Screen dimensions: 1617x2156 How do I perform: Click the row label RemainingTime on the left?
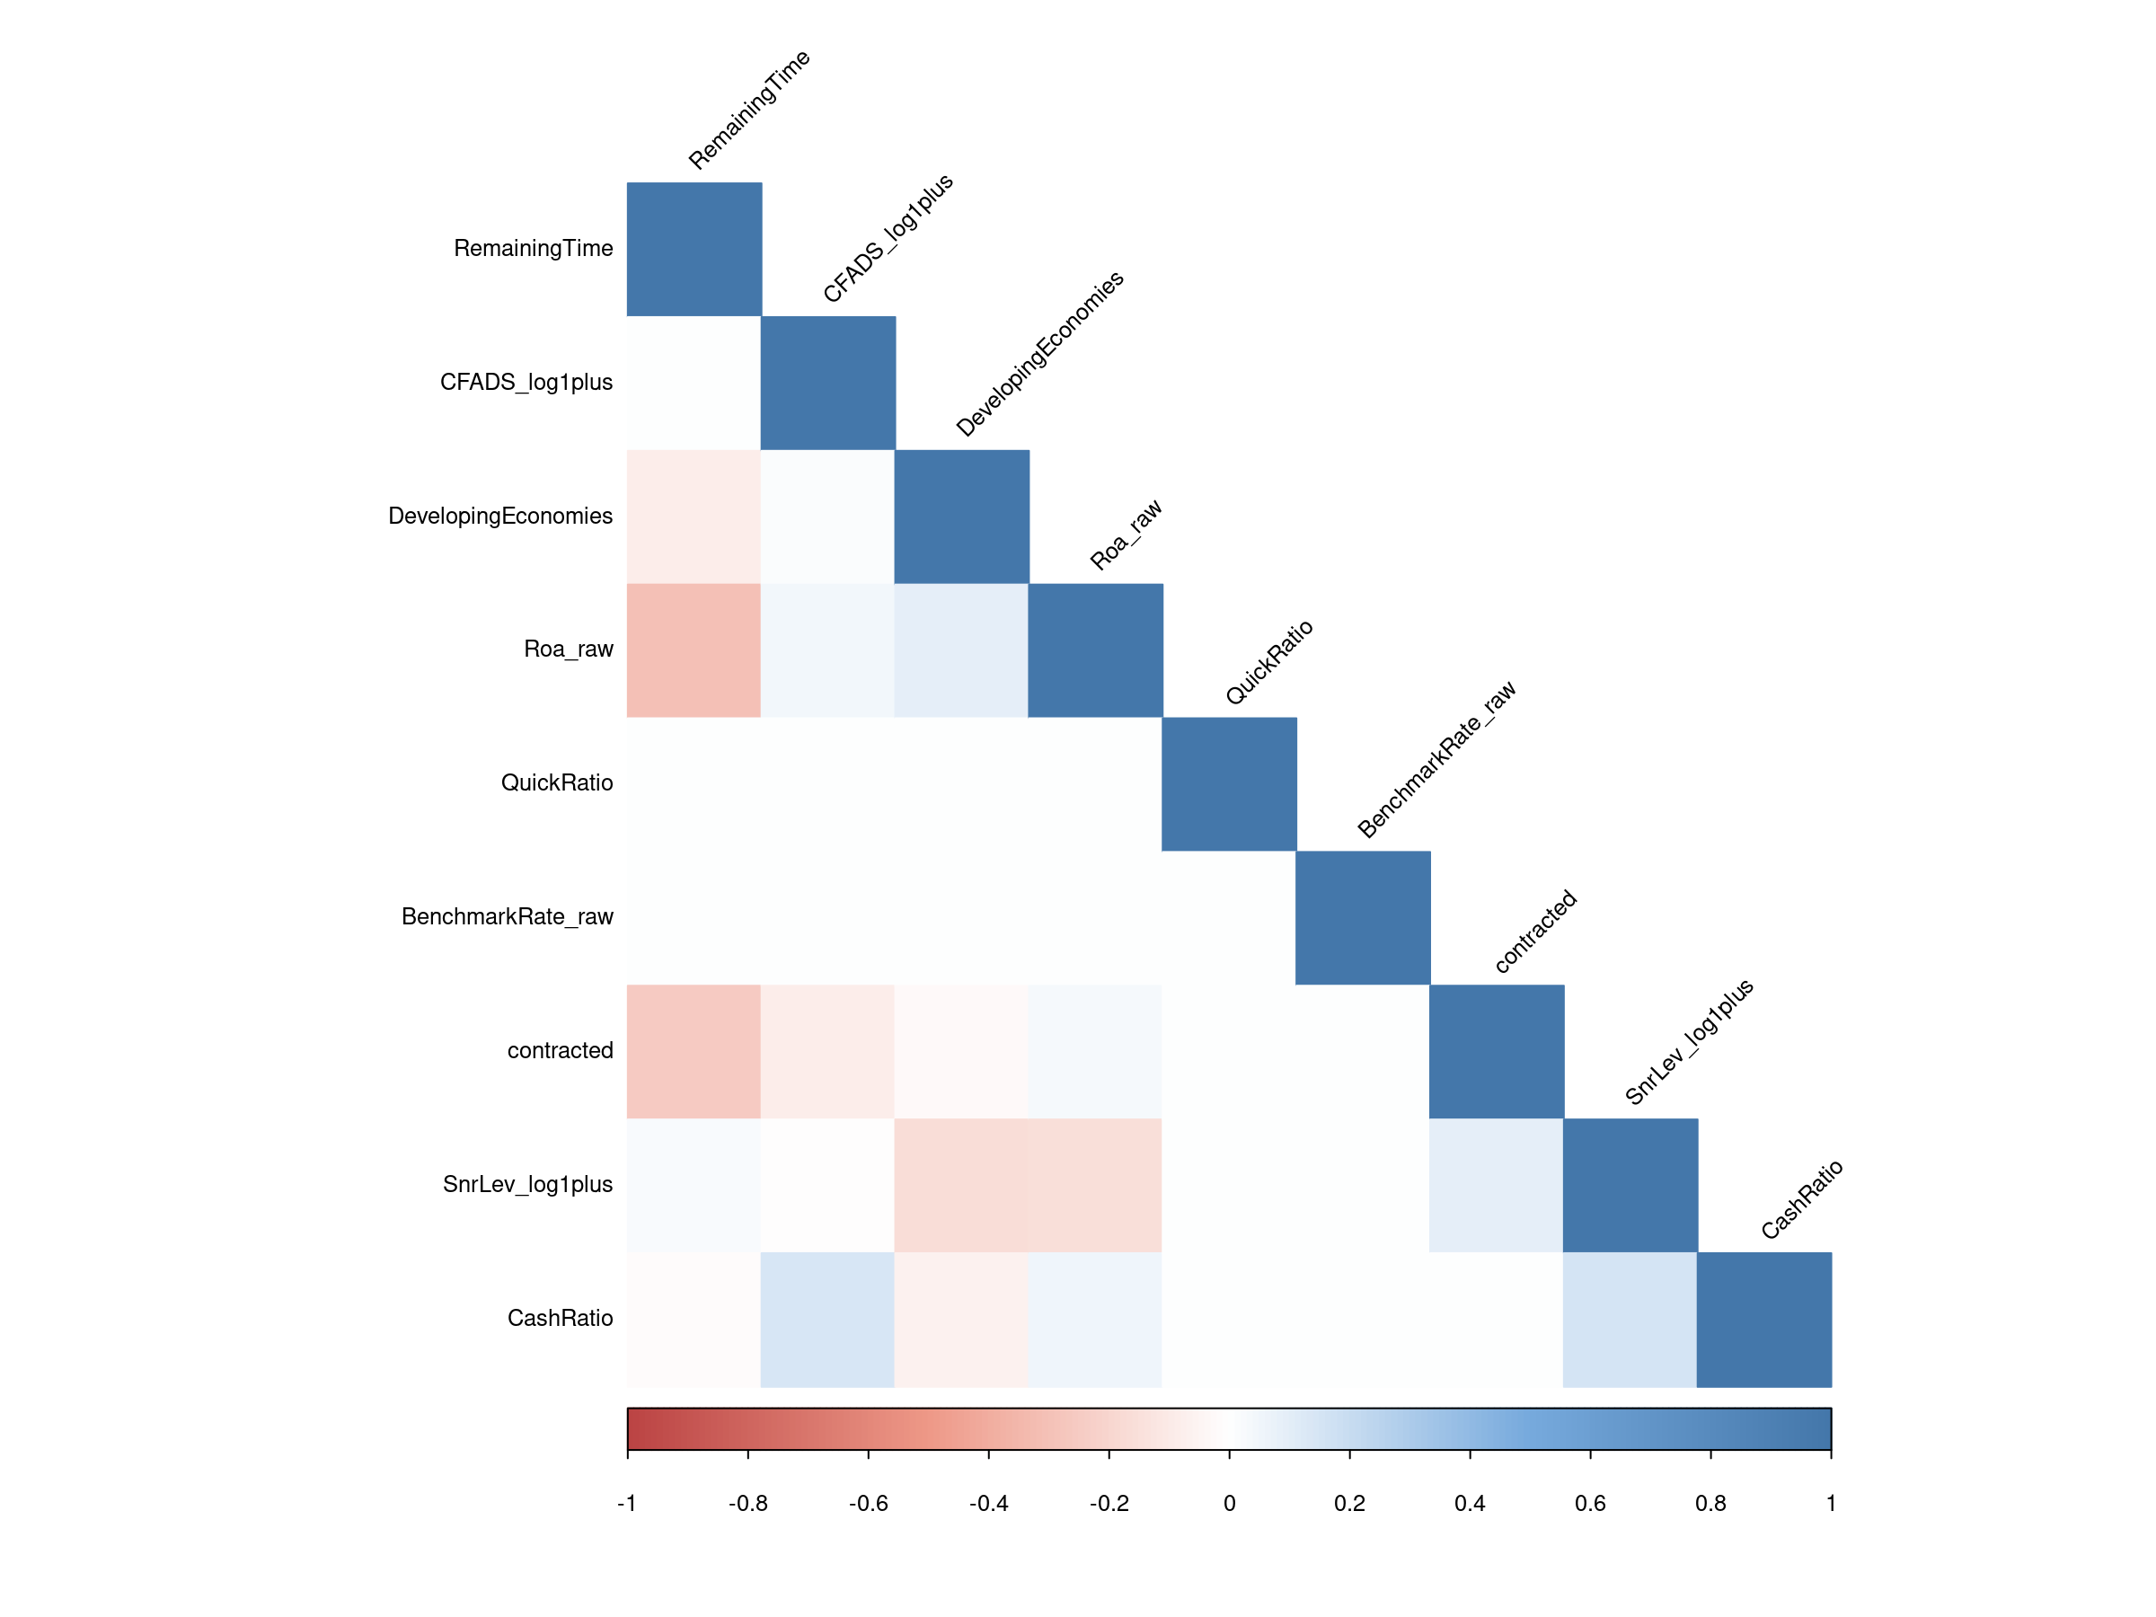point(533,249)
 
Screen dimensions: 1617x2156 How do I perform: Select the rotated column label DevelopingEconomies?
point(1040,354)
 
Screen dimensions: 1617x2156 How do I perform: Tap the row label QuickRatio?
point(557,782)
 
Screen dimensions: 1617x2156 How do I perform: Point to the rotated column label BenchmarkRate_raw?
point(1436,759)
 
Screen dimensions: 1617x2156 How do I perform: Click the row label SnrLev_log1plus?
point(527,1184)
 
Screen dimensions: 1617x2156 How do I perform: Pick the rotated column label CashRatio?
point(1801,1200)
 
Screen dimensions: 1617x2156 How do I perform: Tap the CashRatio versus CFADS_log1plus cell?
point(827,1319)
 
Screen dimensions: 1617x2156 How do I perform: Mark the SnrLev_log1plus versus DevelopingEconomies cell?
point(961,1185)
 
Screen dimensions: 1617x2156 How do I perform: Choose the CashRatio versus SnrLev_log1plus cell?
point(1630,1319)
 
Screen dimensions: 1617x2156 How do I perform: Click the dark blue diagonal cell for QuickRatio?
point(1229,783)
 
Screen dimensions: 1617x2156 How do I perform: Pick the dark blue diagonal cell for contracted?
point(1496,1051)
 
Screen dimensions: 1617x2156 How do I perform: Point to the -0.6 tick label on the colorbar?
point(868,1503)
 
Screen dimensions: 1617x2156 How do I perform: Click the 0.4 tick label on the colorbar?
point(1470,1503)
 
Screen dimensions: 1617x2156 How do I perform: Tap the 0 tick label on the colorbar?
point(1229,1503)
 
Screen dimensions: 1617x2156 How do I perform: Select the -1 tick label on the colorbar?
point(627,1503)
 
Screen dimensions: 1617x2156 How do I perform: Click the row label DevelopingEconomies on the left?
point(500,516)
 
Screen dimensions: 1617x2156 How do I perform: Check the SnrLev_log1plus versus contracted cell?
point(1496,1185)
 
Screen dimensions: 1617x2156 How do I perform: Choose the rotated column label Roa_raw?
point(1126,535)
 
